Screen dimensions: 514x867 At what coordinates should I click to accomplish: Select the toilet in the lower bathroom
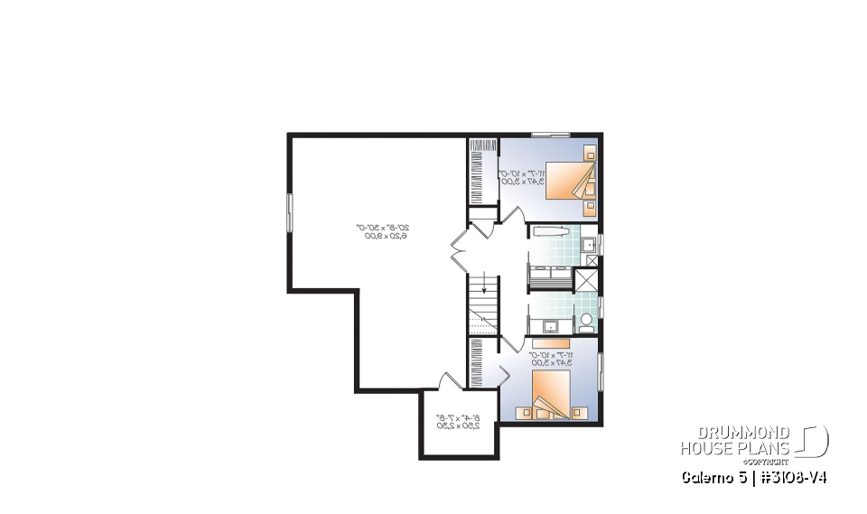pos(585,319)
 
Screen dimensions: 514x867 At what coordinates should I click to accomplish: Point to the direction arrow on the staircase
pos(485,289)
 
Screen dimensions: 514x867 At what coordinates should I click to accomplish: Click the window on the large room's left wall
pos(290,213)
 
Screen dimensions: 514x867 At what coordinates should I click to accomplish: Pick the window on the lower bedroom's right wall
pos(600,370)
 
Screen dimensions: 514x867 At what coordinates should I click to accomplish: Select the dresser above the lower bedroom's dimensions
pos(550,343)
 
